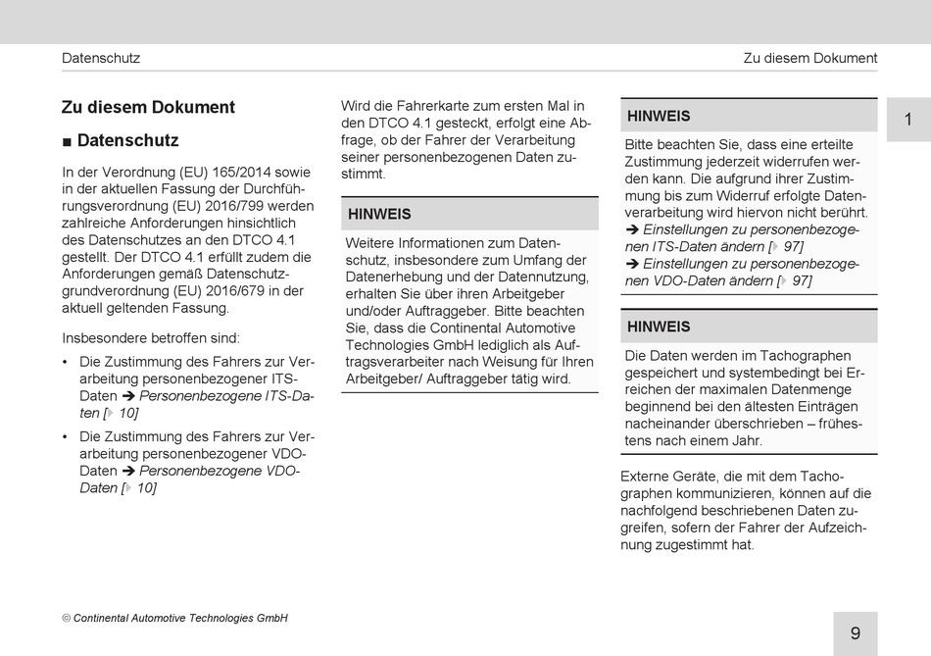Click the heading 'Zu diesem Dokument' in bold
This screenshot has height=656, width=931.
coord(148,107)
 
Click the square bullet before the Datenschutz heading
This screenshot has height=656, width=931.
coord(67,141)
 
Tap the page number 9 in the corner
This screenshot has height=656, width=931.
coord(856,633)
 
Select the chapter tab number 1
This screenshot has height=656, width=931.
coord(907,120)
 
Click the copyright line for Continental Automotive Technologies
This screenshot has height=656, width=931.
coord(174,619)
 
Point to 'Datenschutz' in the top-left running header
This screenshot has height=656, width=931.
coord(101,58)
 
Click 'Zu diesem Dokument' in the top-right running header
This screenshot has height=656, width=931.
coord(809,58)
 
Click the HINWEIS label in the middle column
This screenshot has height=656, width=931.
coord(379,214)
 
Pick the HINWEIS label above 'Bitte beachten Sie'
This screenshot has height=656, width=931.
coord(659,116)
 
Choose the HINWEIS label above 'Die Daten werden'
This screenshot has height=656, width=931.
coord(659,327)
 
